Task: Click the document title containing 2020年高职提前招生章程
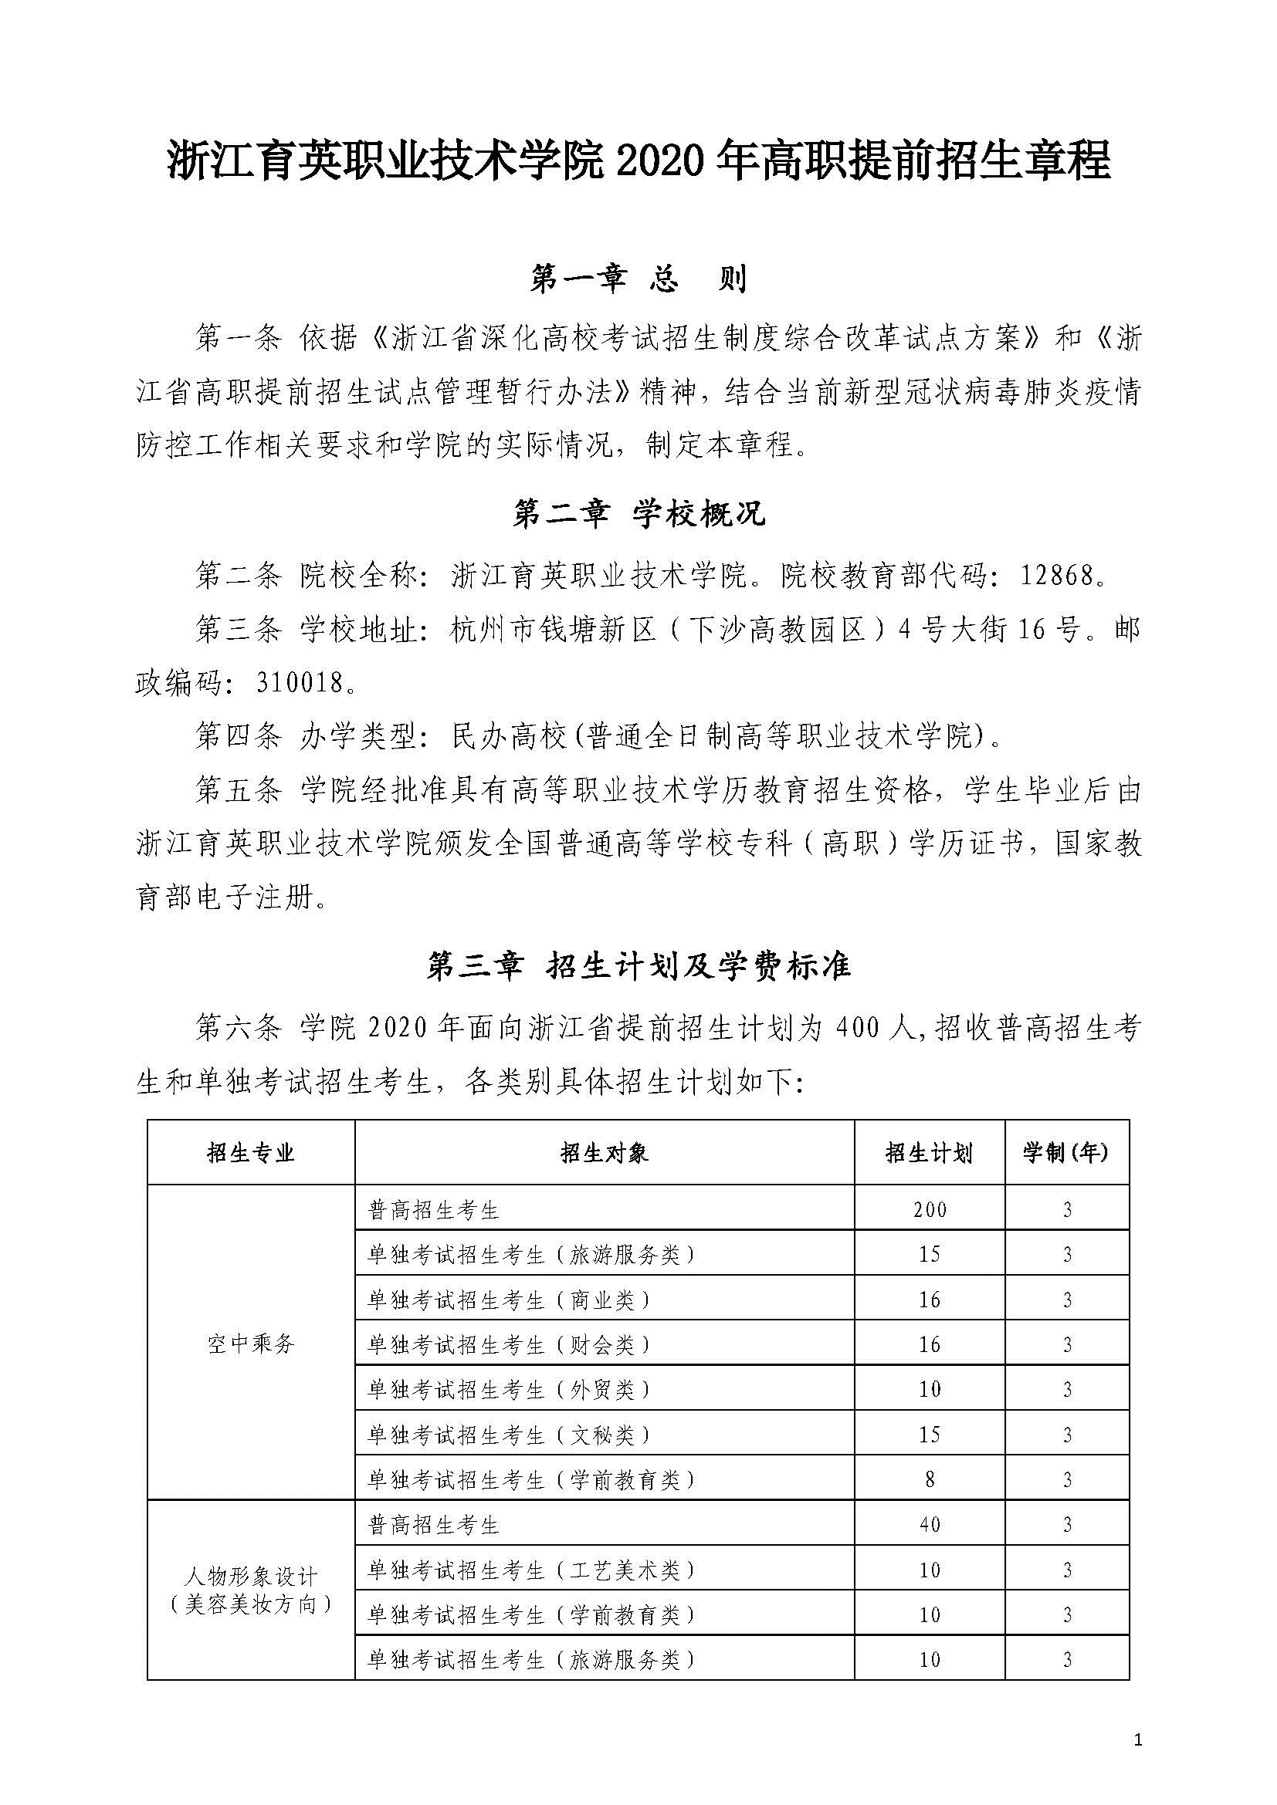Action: coord(638,161)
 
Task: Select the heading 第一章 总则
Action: coord(638,279)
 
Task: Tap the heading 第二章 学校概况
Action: coord(638,515)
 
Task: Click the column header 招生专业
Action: coord(251,1153)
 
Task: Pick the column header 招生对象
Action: coord(604,1153)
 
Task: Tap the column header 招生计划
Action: coord(929,1153)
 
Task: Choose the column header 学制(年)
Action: coord(1066,1153)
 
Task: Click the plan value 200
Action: coord(930,1209)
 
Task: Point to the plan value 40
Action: coord(930,1525)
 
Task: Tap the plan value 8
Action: coord(930,1479)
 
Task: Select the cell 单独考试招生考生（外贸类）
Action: coord(510,1390)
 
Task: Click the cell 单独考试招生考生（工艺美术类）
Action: coord(531,1570)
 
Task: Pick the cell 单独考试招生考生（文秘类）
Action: coord(510,1435)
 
